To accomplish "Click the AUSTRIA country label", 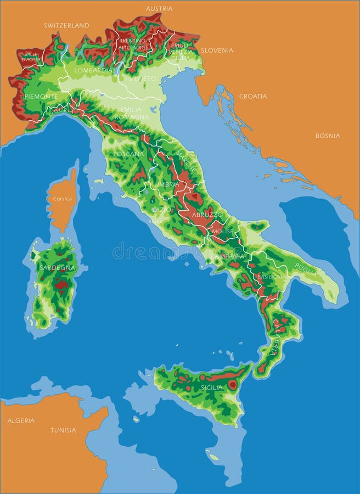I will pos(159,9).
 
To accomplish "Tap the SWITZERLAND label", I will pos(66,25).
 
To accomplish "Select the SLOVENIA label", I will pos(217,50).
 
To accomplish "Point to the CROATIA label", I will pos(253,96).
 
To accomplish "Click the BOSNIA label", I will pos(327,136).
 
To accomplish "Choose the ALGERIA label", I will pos(21,420).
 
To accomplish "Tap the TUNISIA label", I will pos(63,430).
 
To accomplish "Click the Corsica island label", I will pos(63,199).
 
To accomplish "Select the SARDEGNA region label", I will pos(57,268).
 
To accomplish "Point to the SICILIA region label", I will pos(212,388).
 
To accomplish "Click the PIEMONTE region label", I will pos(41,97).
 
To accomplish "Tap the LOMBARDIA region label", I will pos(93,70).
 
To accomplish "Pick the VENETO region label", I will pos(143,78).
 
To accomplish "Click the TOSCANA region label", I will pos(128,154).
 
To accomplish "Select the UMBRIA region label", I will pos(166,184).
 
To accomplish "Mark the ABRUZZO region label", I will pos(207,214).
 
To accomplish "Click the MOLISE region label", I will pos(222,232).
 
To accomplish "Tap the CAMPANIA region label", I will pos(227,256).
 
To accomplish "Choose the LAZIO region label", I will pos(161,210).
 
